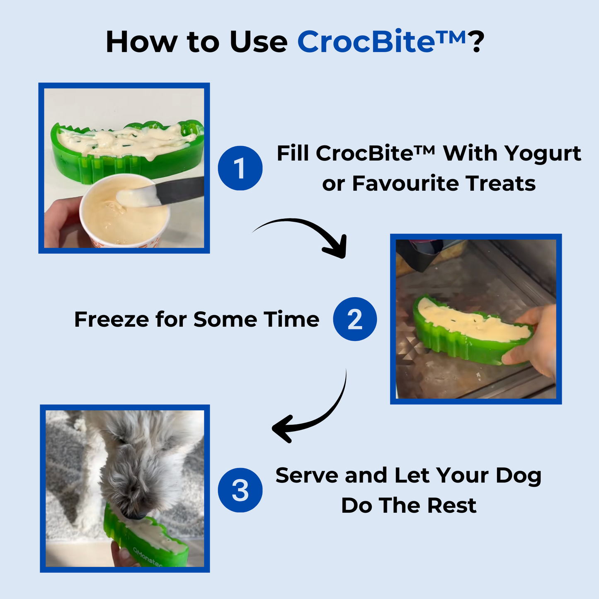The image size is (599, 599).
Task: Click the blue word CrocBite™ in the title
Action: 381,42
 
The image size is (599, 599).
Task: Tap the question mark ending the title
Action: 476,42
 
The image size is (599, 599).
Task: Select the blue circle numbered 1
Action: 240,168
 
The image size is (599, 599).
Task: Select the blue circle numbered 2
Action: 355,319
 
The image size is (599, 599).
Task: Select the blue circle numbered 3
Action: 240,490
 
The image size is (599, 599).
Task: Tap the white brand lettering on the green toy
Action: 147,558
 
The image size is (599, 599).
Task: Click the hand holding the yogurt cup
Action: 60,224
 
